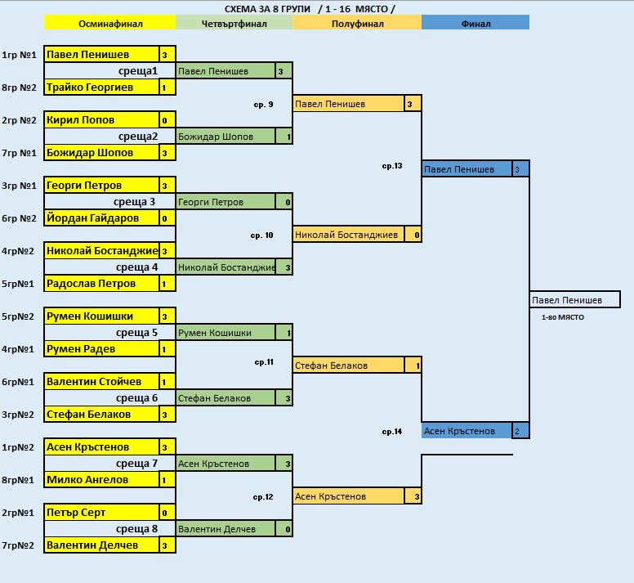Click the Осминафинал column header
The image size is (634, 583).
point(110,23)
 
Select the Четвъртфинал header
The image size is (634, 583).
point(234,23)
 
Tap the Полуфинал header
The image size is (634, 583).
point(357,23)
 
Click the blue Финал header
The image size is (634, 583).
point(475,23)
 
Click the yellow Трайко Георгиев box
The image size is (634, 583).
point(101,87)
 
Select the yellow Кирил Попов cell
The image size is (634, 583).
point(101,119)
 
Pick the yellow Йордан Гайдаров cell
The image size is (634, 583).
point(101,218)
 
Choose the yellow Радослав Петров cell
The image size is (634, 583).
point(101,284)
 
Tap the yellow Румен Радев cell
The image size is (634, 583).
point(101,349)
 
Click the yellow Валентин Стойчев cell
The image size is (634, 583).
point(101,382)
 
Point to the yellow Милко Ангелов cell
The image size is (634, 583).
point(101,480)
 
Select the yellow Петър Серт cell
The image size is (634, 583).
point(101,513)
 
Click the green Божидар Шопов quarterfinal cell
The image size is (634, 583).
point(225,137)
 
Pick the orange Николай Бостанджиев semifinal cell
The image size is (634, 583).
point(348,235)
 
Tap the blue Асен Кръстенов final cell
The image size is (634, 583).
point(467,431)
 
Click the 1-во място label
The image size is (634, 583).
point(562,317)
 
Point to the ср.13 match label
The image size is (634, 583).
point(392,166)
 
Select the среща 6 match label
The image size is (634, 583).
point(136,398)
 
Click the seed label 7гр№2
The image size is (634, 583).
point(18,545)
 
